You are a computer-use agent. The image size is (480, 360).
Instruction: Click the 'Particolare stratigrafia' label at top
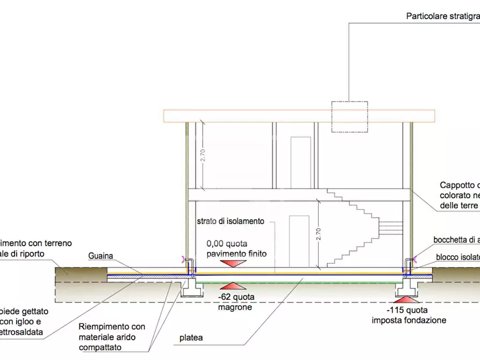442,16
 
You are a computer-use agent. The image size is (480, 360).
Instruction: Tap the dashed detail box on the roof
350,117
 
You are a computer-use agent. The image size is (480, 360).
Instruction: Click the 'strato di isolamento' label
231,221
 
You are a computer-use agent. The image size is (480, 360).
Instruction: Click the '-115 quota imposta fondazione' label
409,315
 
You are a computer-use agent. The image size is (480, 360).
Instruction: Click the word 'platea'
192,339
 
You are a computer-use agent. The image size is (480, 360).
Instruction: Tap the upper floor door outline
300,162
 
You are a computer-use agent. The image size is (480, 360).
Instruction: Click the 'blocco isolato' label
457,257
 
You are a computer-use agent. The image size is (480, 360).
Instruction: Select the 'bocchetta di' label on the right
456,240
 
